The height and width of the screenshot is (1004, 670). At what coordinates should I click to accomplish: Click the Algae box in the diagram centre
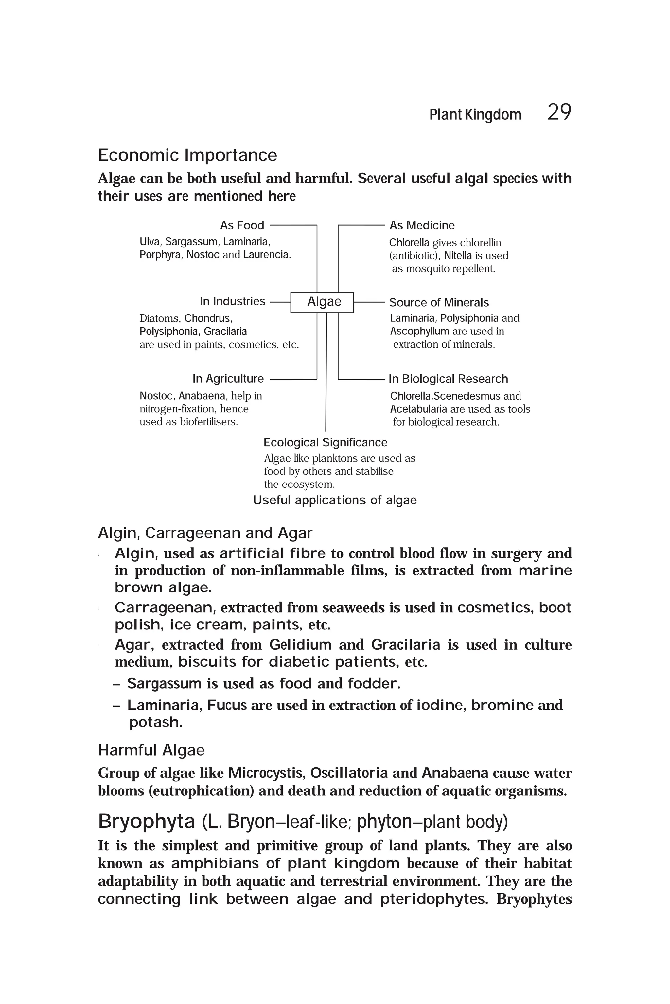(x=324, y=302)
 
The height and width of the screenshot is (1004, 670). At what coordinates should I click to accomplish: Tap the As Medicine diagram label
(x=422, y=225)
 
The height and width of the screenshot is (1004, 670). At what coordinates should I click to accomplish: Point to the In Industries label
(x=233, y=301)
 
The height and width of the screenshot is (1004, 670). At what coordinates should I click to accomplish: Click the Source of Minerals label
(x=438, y=303)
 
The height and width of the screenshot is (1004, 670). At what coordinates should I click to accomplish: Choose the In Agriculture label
(x=228, y=379)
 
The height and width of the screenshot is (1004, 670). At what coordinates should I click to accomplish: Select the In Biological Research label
(x=448, y=379)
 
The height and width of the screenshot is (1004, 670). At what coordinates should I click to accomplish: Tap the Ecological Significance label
(x=325, y=442)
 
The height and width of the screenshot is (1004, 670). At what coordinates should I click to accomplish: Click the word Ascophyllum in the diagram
(x=419, y=332)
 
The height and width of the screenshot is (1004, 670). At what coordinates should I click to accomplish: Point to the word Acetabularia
(x=418, y=409)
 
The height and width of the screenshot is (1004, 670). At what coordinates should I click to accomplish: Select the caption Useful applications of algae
(x=335, y=500)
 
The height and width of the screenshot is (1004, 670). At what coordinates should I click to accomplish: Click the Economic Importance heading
(x=187, y=155)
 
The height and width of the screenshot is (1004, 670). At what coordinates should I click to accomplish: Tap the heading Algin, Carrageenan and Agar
(x=205, y=533)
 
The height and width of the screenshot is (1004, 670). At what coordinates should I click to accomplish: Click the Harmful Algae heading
(x=151, y=750)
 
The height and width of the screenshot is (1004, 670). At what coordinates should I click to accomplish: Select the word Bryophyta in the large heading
(x=146, y=821)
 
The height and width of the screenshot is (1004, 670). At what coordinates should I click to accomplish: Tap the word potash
(x=155, y=722)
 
